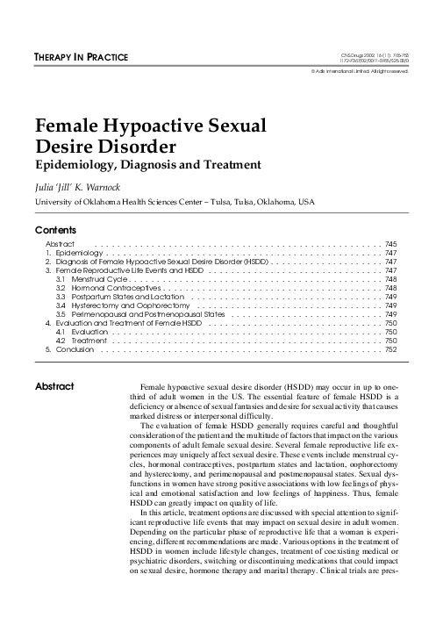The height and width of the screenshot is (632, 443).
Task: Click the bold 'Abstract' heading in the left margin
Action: click(x=54, y=386)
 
